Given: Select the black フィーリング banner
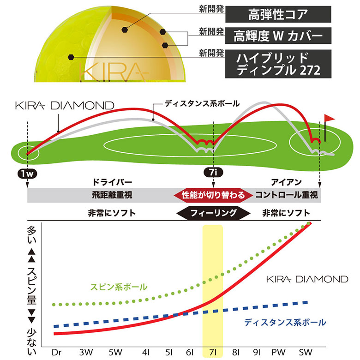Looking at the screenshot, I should (214, 213).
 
